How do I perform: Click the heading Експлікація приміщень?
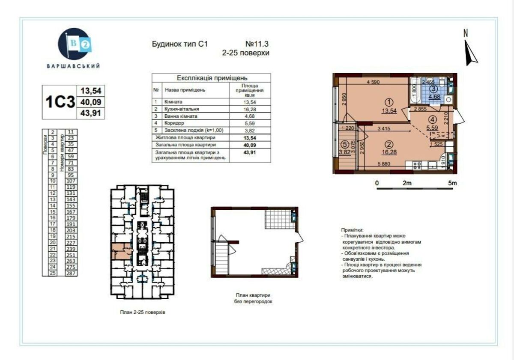coord(212,78)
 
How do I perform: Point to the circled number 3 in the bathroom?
coord(433,89)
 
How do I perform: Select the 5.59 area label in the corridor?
coord(433,127)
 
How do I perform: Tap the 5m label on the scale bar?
coord(452,183)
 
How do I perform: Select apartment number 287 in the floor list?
coord(71,273)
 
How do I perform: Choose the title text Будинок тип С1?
coord(179,44)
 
